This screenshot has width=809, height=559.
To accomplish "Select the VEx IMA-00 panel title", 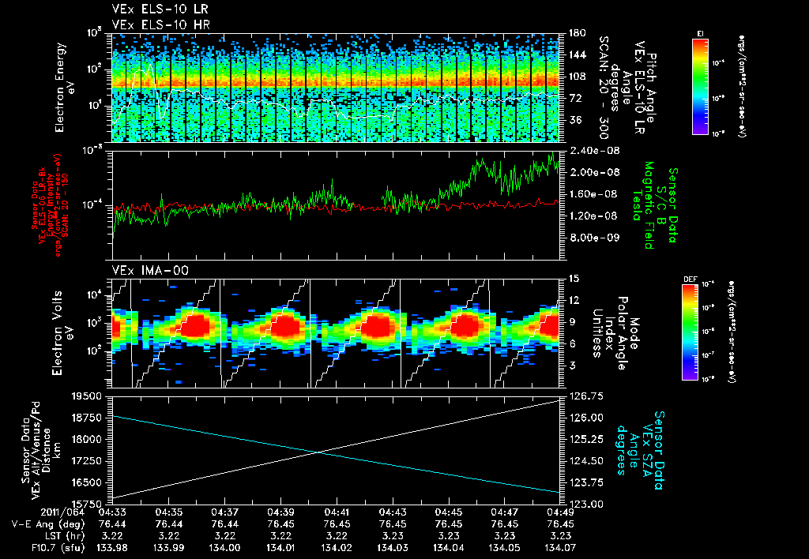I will (141, 270).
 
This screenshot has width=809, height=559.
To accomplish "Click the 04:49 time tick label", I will (559, 512).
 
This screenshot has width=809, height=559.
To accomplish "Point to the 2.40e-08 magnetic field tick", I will (591, 150).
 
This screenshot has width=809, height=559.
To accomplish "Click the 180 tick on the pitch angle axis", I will (575, 33).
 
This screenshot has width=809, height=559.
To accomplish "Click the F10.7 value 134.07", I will (559, 547).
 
